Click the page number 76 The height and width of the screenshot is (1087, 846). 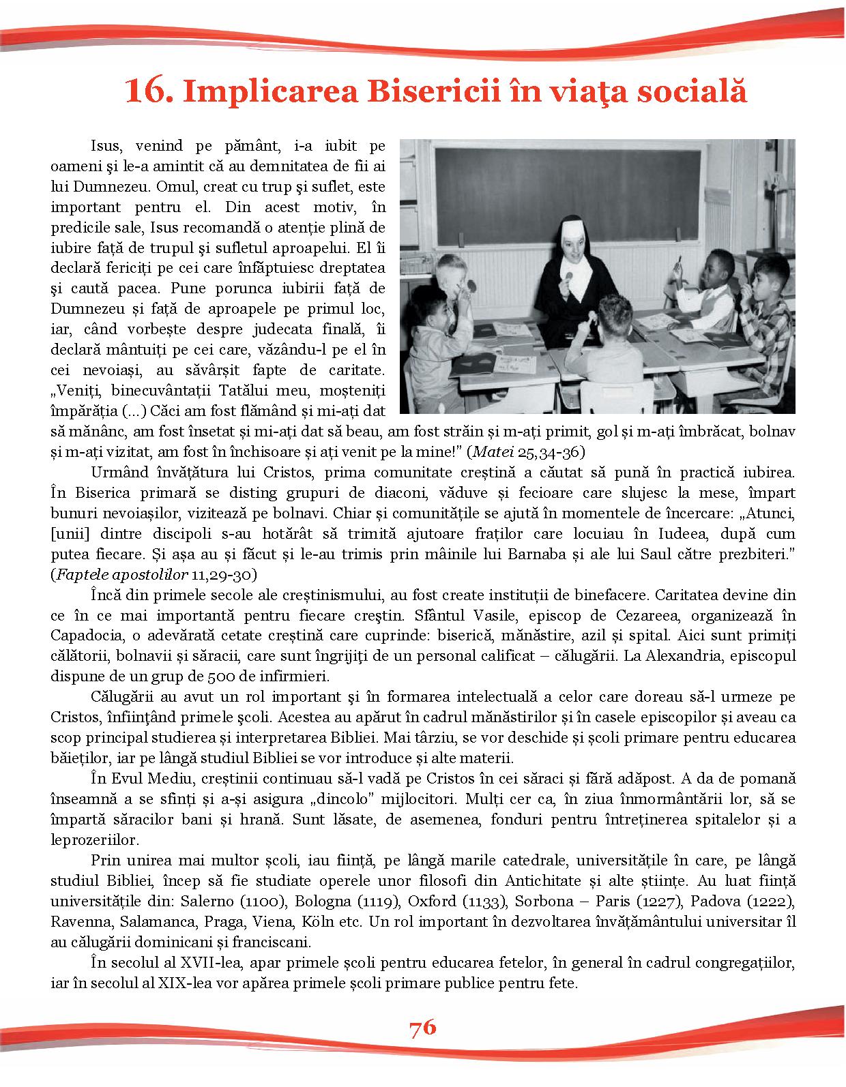[423, 1027]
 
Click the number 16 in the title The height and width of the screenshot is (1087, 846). [147, 91]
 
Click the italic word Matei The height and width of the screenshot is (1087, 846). [490, 452]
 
